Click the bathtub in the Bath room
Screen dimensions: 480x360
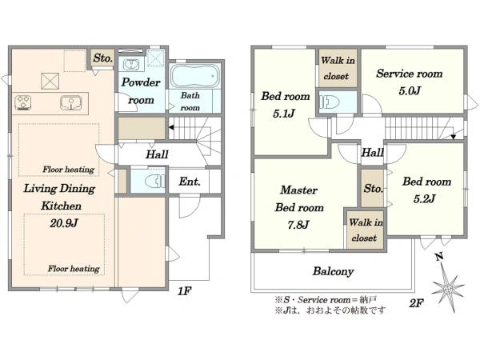[x=194, y=76]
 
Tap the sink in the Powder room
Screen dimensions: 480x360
[x=131, y=65]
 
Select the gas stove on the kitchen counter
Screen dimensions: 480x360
[x=23, y=102]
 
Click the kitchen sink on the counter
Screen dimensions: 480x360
[x=71, y=103]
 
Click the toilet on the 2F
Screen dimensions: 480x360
[x=329, y=102]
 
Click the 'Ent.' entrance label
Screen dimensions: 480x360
[x=190, y=182]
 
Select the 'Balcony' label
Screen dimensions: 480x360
[x=333, y=271]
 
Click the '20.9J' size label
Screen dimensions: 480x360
[x=64, y=223]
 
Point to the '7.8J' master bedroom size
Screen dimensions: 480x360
[x=298, y=225]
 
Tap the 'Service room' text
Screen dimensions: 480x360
[x=410, y=74]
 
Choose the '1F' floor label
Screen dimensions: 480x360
[x=185, y=291]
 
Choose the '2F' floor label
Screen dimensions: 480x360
[x=416, y=303]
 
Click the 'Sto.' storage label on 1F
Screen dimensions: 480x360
[x=103, y=58]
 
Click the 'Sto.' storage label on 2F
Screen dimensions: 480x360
[x=373, y=188]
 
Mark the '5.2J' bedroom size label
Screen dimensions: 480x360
[x=424, y=199]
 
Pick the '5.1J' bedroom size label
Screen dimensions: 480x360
[x=284, y=114]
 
